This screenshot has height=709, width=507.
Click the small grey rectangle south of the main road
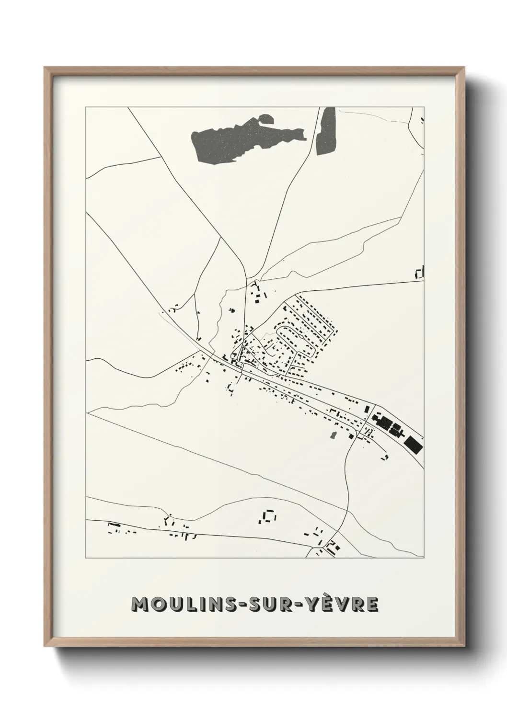331,435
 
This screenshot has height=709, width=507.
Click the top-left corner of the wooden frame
46,69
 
